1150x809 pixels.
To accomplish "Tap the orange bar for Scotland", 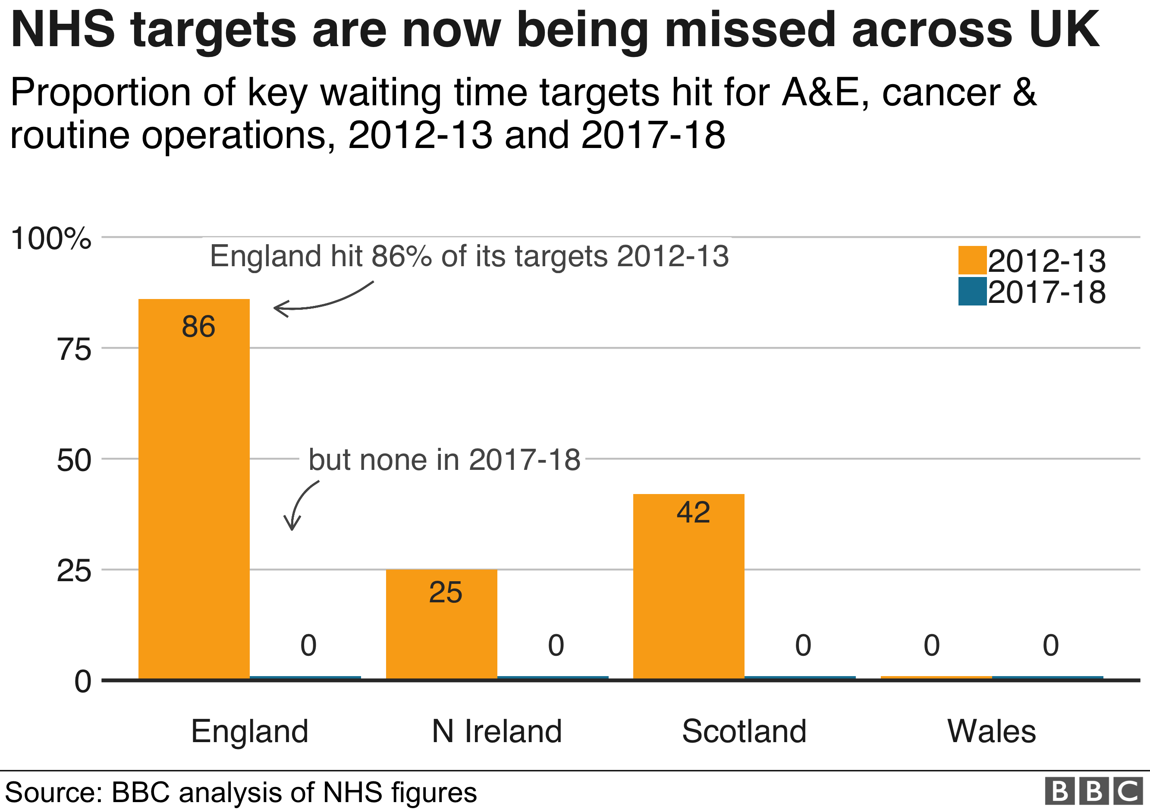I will click(x=689, y=586).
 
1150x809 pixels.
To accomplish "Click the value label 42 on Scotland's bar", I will click(x=693, y=512).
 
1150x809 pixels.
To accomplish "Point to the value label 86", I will click(x=198, y=327).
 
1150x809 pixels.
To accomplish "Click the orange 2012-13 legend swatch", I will click(x=972, y=260).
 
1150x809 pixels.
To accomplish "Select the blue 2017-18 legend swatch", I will click(x=972, y=291).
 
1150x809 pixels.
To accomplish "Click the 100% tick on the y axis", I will click(x=50, y=239).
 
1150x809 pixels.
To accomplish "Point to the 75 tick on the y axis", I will click(x=74, y=349).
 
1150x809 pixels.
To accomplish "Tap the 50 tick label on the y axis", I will click(x=74, y=460).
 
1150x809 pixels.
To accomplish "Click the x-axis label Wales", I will click(x=991, y=731).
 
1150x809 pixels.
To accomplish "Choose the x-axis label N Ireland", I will click(x=497, y=731).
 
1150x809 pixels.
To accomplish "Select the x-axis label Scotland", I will click(x=744, y=731).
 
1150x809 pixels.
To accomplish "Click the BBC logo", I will click(x=1094, y=791).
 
